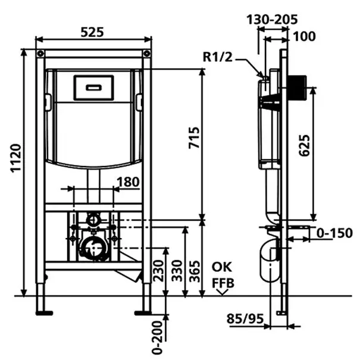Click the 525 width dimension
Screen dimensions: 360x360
tap(92, 32)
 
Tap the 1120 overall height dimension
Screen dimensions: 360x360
tap(16, 158)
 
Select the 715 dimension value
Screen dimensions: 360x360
tap(194, 137)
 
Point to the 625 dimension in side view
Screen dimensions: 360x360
tap(305, 146)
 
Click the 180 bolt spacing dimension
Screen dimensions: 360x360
tap(128, 182)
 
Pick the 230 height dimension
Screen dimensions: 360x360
tap(158, 271)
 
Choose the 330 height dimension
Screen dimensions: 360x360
tap(177, 271)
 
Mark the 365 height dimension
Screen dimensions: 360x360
tap(195, 271)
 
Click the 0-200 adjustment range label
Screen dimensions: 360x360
tap(158, 337)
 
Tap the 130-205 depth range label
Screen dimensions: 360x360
tap(272, 19)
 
